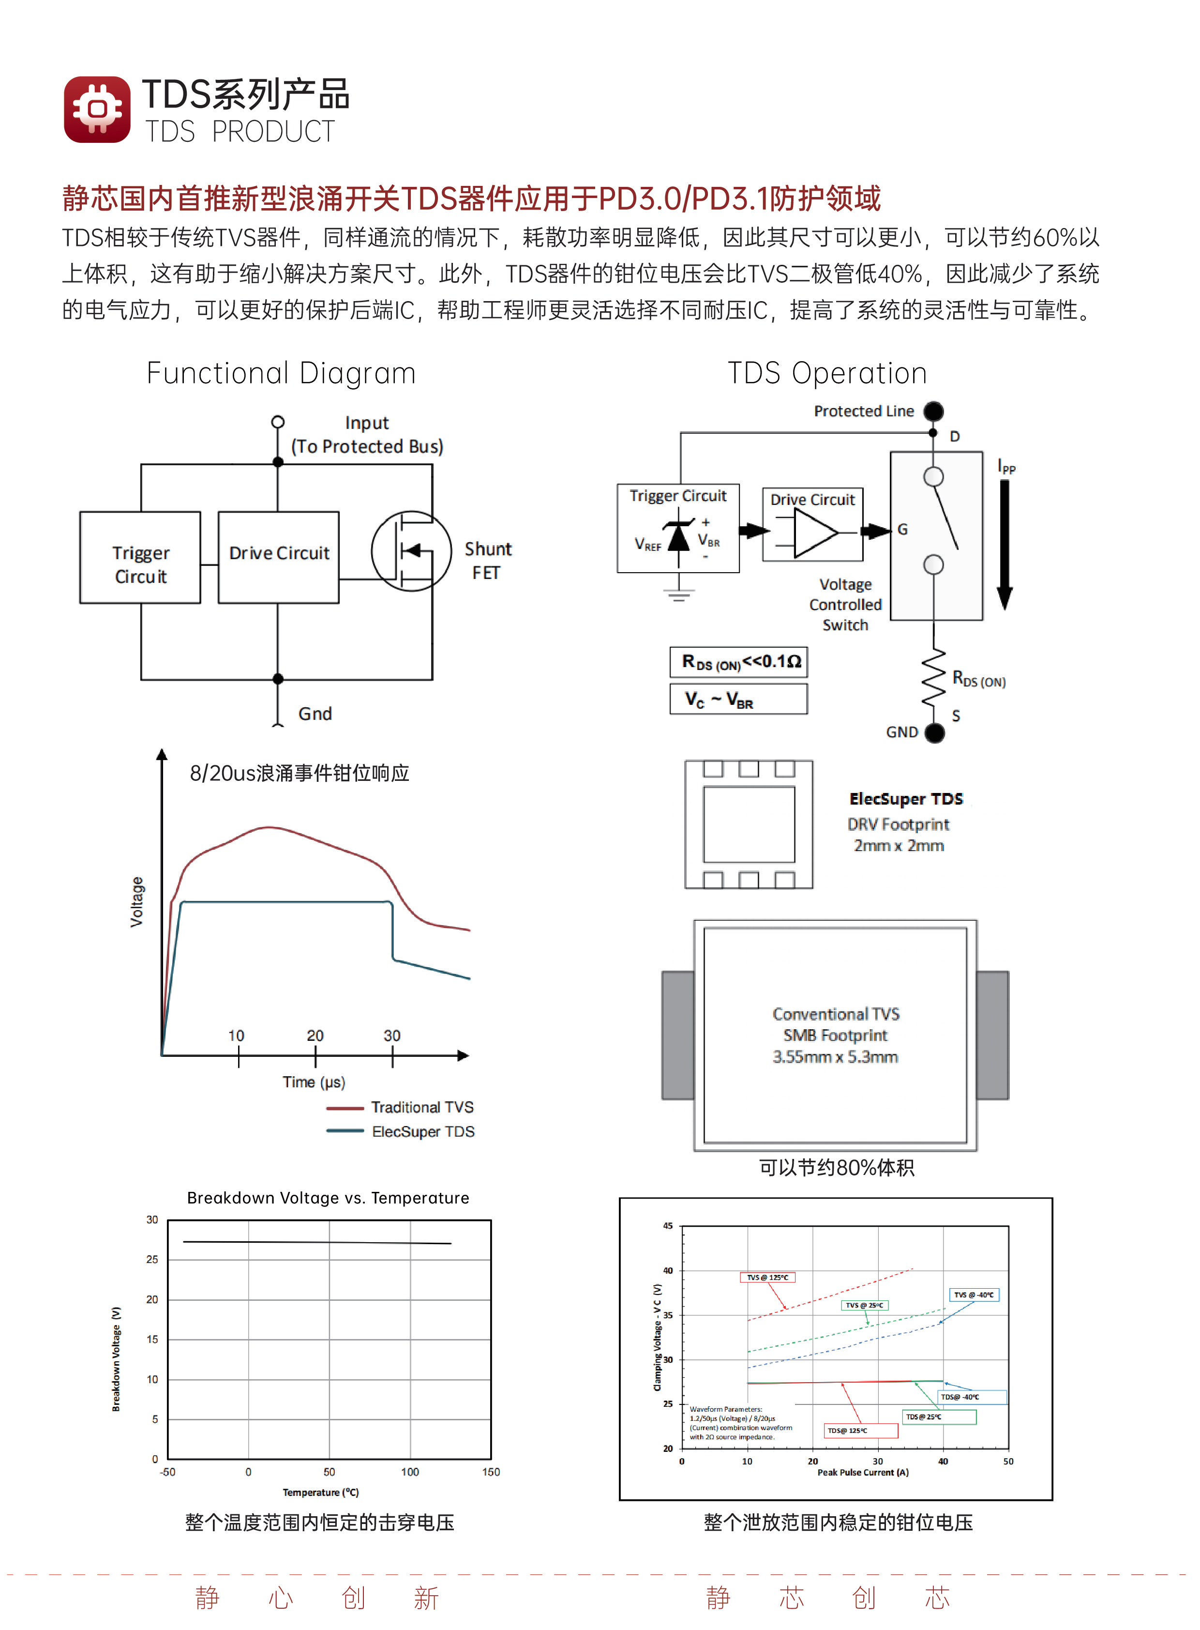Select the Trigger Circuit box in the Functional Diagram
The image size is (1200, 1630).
(x=140, y=557)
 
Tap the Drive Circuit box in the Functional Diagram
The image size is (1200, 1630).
(x=279, y=557)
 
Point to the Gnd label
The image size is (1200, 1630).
(x=315, y=714)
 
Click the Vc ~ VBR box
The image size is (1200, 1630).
(x=739, y=699)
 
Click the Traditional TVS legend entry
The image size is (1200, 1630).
(x=400, y=1107)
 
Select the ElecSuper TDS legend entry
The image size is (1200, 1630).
(x=400, y=1131)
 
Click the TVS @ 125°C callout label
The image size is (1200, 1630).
(x=768, y=1278)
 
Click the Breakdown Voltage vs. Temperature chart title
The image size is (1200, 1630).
(x=329, y=1198)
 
